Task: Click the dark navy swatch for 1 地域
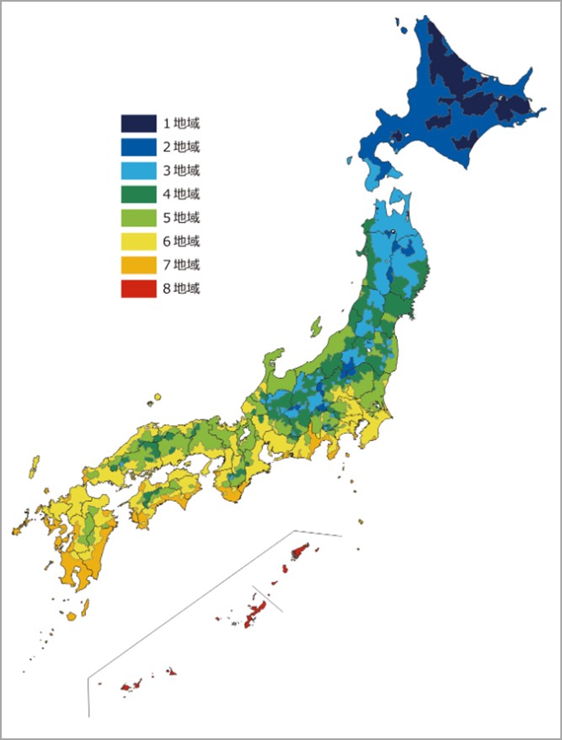pos(137,124)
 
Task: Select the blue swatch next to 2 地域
pos(137,147)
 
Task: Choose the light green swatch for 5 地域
pos(137,218)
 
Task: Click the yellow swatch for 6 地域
pos(137,242)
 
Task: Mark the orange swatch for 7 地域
pos(137,265)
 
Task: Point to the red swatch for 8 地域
pos(137,289)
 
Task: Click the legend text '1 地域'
pos(181,124)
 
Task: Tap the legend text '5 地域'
pos(181,218)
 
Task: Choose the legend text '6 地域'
pos(181,242)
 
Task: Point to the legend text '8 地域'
pos(181,289)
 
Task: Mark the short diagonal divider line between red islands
pos(268,599)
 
